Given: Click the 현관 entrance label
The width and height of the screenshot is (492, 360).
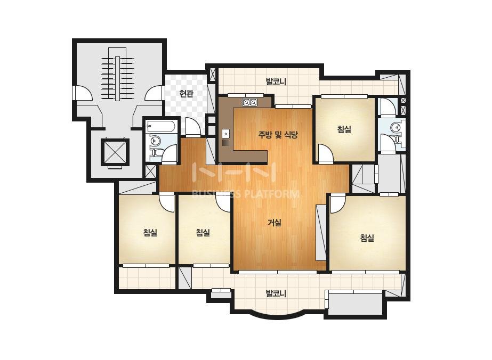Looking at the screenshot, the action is [186, 93].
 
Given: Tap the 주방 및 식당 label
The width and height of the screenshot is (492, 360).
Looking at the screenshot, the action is [278, 135].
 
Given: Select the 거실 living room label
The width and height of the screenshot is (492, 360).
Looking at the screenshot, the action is [275, 223].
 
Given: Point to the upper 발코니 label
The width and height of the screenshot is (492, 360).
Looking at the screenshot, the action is [276, 82].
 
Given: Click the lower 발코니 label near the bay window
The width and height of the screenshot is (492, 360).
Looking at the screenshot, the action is [276, 294].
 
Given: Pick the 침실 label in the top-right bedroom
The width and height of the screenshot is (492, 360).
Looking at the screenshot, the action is [344, 129].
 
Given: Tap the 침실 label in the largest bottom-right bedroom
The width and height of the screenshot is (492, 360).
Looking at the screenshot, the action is [367, 238].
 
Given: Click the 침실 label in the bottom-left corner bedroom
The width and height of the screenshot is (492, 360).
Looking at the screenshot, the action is [150, 232].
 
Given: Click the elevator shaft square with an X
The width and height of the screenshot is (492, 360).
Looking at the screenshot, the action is [115, 152].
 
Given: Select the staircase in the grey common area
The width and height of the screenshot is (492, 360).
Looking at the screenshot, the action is [117, 75].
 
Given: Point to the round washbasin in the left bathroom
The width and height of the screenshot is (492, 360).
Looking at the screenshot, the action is [155, 140].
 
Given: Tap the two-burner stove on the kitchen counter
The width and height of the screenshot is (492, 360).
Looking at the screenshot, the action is [249, 102].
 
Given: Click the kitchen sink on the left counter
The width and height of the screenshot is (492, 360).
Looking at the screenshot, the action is [226, 134].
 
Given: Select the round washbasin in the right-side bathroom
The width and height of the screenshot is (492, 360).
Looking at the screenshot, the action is [395, 127].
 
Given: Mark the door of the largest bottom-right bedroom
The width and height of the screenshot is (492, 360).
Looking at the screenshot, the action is [338, 203].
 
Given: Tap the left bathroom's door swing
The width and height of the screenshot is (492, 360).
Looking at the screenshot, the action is [169, 154].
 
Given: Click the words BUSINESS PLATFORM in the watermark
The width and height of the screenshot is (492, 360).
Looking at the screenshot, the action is [245, 194].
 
